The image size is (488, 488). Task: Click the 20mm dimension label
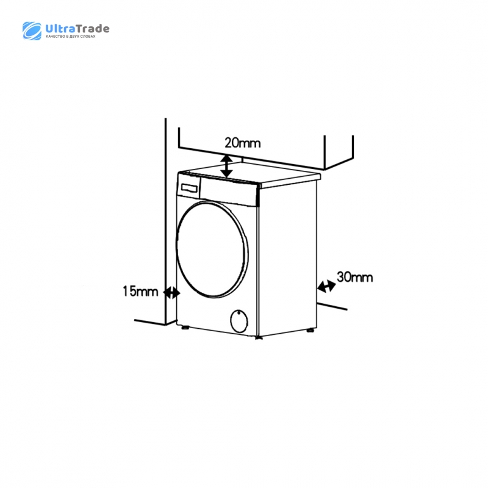242,143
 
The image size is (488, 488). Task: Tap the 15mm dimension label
140,292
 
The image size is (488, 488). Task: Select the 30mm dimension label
355,277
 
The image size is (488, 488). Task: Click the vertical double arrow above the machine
227,166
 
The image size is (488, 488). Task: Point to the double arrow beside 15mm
172,293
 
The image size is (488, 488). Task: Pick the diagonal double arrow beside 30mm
326,286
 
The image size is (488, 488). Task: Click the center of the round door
212,249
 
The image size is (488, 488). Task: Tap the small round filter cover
239,321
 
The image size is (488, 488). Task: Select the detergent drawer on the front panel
188,188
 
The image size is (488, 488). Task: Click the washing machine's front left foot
185,327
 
